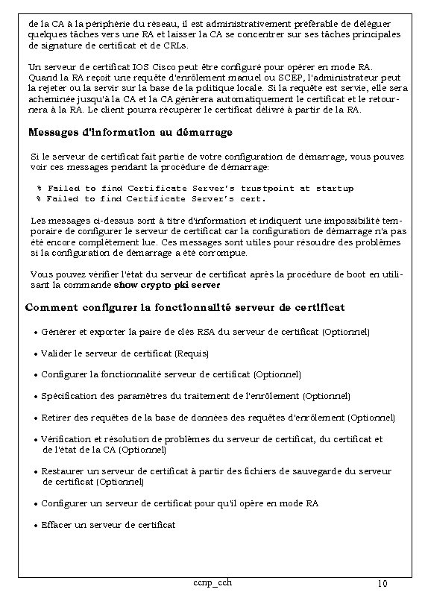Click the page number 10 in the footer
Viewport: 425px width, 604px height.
point(382,583)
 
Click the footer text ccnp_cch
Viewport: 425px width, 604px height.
point(212,582)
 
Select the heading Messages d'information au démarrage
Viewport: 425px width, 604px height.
point(130,133)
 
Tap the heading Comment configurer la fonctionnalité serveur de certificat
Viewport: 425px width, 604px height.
point(184,307)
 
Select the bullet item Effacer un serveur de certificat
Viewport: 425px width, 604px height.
point(108,525)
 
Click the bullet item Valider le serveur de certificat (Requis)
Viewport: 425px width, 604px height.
point(125,353)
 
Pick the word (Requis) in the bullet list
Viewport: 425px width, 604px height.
point(192,353)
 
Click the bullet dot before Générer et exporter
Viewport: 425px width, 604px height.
point(35,331)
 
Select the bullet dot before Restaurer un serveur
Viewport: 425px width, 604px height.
point(35,472)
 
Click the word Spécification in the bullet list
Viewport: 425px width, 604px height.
point(68,396)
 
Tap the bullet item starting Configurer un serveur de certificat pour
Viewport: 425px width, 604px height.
point(180,503)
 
